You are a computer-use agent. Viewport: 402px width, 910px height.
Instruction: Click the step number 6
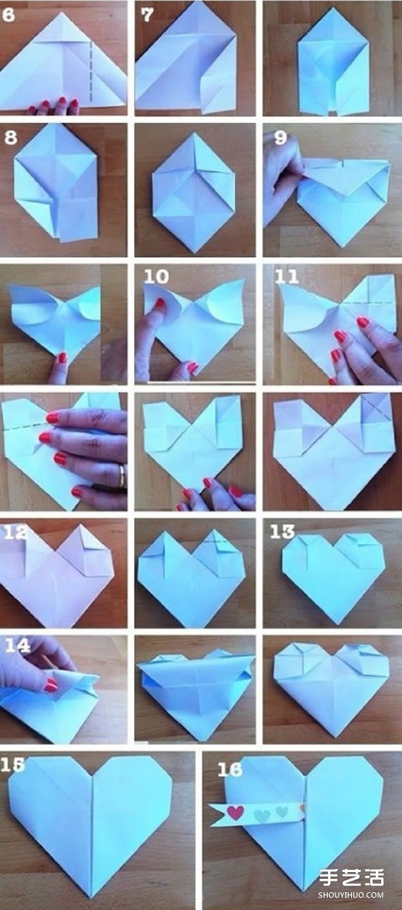click(x=9, y=15)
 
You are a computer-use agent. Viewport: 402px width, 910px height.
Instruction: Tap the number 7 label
click(x=148, y=15)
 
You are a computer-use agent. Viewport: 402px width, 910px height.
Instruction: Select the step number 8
click(x=11, y=138)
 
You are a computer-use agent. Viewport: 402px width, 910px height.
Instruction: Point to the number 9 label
click(x=281, y=138)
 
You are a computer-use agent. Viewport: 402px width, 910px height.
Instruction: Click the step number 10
click(x=156, y=276)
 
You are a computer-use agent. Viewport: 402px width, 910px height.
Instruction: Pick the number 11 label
click(x=286, y=276)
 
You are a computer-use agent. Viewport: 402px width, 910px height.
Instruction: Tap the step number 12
click(x=15, y=532)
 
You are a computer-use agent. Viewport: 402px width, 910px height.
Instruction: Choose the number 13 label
click(x=282, y=532)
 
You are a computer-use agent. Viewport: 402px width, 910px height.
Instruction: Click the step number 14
click(x=18, y=646)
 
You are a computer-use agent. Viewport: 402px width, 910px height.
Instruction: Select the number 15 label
click(x=13, y=765)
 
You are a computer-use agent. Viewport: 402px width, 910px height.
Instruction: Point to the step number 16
click(x=230, y=769)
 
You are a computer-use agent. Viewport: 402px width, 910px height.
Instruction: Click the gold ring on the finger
click(x=122, y=476)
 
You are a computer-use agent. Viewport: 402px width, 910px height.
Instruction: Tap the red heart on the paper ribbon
click(x=235, y=812)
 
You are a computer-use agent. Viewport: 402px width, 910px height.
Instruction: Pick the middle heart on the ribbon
click(x=262, y=814)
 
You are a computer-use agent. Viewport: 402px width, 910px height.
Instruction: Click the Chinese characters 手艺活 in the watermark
click(x=350, y=879)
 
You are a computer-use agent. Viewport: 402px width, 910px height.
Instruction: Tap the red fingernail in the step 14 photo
click(x=51, y=685)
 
